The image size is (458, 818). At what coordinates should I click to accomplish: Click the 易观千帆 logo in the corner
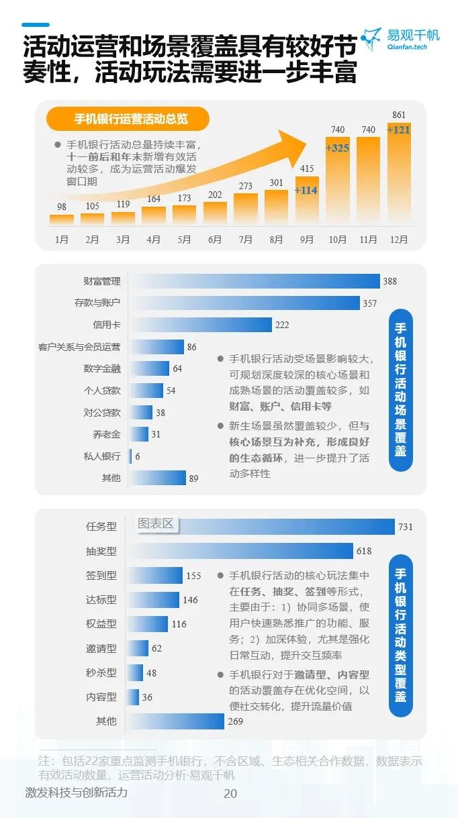tap(400, 40)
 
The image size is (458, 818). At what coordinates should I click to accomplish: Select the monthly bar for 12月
tap(398, 174)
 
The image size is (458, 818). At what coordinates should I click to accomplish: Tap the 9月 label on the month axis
tap(307, 239)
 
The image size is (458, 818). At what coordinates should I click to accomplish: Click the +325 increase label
tap(337, 148)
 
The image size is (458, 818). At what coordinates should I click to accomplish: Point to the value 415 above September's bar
tap(307, 168)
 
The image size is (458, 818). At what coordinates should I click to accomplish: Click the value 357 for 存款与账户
tap(370, 303)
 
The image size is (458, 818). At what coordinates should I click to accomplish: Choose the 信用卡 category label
tap(107, 325)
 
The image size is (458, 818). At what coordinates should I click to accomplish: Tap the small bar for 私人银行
tap(130, 456)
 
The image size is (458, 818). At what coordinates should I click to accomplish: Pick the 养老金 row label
tap(107, 434)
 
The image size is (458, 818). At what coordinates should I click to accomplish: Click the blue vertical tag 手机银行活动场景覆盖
tap(400, 390)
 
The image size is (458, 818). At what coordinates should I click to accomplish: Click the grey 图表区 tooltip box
tap(156, 523)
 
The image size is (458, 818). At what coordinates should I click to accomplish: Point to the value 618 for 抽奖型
tap(363, 551)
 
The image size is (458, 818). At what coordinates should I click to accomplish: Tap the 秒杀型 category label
tap(101, 672)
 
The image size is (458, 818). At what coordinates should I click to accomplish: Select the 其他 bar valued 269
tap(175, 721)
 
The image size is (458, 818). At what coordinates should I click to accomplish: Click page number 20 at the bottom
tap(230, 794)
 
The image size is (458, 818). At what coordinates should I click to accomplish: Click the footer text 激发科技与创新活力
tap(76, 793)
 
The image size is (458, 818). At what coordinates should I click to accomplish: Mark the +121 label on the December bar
tap(398, 130)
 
